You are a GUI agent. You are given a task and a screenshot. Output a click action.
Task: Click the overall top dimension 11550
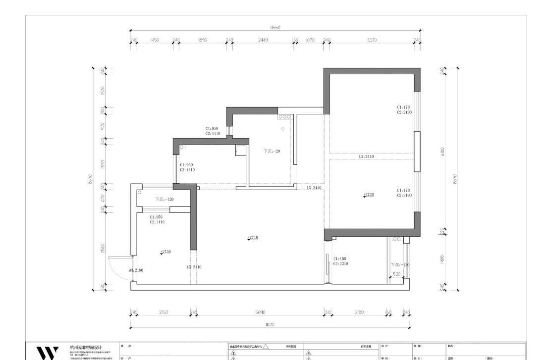(275, 28)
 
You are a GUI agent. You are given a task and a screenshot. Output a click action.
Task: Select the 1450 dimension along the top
(154, 40)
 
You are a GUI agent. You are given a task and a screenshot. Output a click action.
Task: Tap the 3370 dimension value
(372, 40)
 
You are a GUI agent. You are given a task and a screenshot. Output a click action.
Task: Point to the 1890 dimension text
(202, 40)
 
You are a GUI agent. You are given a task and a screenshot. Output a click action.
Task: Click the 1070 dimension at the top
(310, 40)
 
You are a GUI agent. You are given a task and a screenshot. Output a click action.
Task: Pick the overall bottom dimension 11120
(270, 324)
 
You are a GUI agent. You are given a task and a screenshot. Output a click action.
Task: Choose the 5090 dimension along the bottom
(260, 312)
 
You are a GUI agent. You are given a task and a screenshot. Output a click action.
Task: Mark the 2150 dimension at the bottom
(163, 312)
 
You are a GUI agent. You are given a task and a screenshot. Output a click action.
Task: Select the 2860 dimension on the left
(103, 248)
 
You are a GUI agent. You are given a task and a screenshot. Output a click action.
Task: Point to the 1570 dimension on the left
(103, 164)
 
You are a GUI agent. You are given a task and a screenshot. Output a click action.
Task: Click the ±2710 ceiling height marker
(253, 238)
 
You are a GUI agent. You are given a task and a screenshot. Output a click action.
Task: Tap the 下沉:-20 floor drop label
(272, 151)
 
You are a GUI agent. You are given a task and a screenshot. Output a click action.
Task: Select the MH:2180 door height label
(136, 270)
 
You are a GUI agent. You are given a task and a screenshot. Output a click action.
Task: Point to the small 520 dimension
(396, 274)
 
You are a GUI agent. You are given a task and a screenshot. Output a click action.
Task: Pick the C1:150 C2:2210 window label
(340, 261)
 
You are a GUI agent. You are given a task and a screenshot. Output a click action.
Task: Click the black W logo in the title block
(48, 353)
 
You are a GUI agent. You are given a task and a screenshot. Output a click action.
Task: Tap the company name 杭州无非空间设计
(86, 348)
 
